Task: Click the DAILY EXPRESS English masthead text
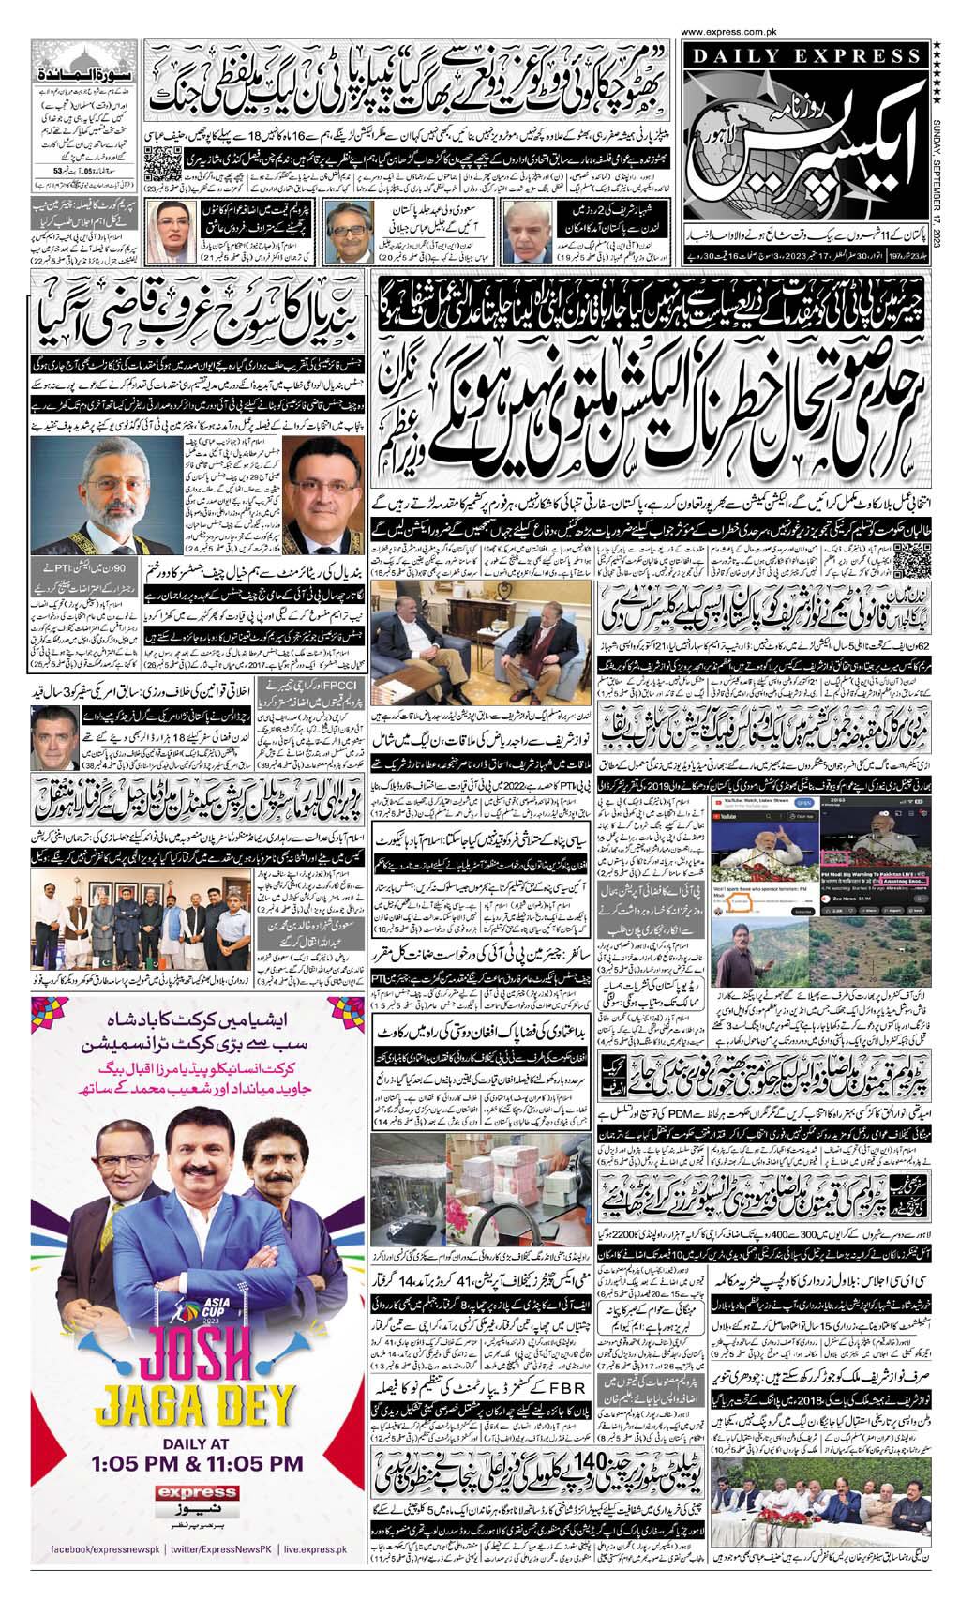[x=802, y=58]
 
